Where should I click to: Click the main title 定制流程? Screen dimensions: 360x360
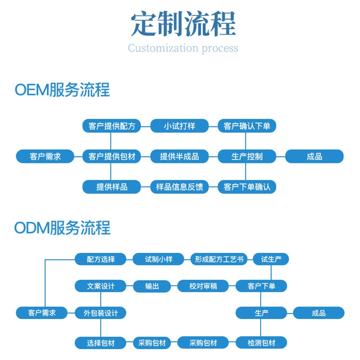183,24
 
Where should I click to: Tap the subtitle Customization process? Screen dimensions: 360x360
183,48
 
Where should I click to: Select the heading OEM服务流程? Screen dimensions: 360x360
62,90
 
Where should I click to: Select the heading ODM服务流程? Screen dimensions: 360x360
62,228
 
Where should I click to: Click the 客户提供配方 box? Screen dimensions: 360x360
112,126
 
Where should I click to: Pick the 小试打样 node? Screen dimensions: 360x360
179,126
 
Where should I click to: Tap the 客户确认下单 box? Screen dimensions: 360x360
247,126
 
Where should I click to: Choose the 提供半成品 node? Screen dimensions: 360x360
179,156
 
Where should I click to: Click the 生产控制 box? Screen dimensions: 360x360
247,156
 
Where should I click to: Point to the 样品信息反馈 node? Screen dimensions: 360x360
179,187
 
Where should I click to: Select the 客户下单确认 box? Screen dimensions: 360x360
247,187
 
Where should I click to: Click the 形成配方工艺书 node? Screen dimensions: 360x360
219,259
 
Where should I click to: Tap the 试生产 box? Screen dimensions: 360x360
271,259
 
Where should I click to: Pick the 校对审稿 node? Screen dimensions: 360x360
203,286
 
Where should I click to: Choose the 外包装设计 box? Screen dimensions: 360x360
100,313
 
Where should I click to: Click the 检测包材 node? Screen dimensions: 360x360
261,343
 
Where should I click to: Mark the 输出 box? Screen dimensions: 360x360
152,286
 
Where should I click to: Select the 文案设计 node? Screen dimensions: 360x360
100,286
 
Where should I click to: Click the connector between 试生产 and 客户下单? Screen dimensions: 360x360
271,273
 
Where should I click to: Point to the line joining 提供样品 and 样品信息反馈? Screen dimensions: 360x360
145,187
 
